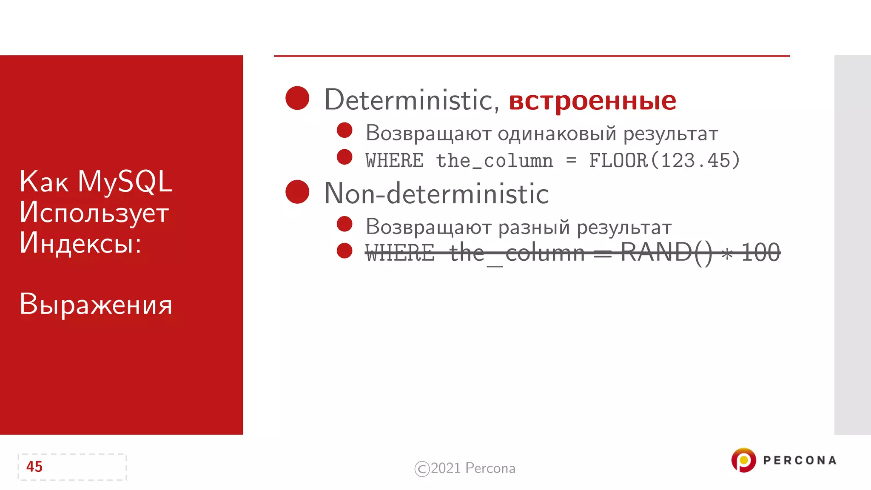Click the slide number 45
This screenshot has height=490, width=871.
[x=34, y=467]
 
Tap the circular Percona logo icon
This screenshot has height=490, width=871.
[x=743, y=460]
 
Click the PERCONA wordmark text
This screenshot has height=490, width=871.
[x=800, y=460]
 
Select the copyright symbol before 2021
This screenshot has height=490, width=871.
[x=422, y=469]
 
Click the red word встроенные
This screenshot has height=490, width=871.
[x=592, y=101]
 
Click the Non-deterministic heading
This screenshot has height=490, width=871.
[x=436, y=194]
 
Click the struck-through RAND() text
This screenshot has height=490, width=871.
[x=666, y=253]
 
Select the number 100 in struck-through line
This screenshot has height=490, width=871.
[x=760, y=253]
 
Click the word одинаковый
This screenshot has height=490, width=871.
[x=557, y=134]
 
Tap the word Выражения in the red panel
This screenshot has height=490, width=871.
[x=96, y=305]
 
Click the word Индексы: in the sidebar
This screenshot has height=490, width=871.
[x=80, y=243]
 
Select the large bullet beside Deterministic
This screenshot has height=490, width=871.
[x=297, y=98]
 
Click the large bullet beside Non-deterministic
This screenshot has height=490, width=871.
[x=297, y=191]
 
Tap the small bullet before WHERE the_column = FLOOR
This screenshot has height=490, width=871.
[x=344, y=157]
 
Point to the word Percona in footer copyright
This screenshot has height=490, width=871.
[x=490, y=468]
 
